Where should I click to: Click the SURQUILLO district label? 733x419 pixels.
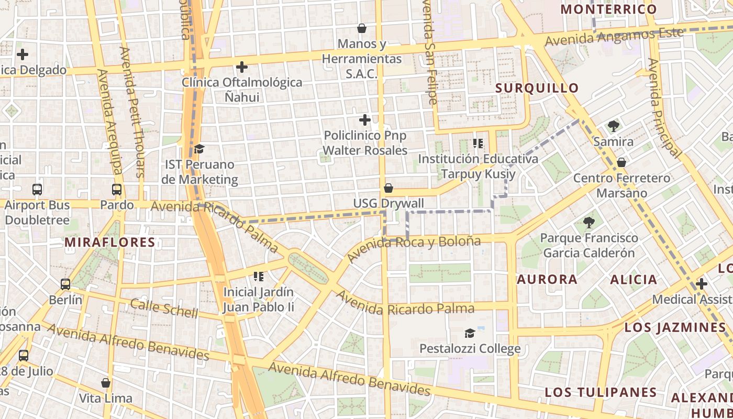[537, 88]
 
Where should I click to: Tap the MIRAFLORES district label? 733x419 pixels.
[110, 242]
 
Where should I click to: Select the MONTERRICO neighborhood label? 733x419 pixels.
[608, 9]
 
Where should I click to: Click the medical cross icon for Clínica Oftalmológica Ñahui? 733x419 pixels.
[242, 67]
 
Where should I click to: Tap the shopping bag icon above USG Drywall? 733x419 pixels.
[388, 188]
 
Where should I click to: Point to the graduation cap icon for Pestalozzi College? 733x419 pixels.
[470, 333]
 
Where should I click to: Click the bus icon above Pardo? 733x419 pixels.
[117, 190]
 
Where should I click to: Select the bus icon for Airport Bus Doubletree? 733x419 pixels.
[37, 190]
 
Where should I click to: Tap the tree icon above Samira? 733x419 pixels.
[614, 126]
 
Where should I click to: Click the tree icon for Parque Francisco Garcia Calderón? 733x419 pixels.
[589, 223]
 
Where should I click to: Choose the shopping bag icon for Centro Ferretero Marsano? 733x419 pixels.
[621, 162]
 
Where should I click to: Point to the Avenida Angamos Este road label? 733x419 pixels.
[614, 36]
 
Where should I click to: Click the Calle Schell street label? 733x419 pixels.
[164, 308]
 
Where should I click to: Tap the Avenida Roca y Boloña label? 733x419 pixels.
[413, 248]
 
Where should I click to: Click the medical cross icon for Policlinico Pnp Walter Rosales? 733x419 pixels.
[365, 120]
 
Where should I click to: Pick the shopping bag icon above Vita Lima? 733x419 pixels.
[106, 383]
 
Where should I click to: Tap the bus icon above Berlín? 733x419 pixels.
[65, 284]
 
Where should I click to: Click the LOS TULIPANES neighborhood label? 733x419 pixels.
[601, 392]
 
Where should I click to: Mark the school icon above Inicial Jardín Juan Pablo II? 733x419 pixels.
[259, 276]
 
